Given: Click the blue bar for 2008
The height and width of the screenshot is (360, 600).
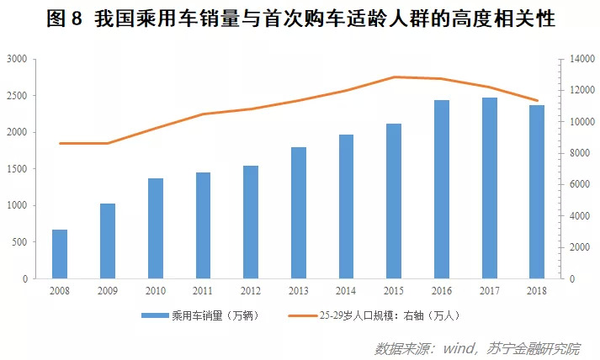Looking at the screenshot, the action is click(x=60, y=254).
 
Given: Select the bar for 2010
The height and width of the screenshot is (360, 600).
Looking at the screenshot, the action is click(x=156, y=229).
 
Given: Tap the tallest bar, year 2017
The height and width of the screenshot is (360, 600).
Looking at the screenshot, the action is click(x=490, y=188).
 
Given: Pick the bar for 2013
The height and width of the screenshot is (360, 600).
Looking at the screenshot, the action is click(x=299, y=213).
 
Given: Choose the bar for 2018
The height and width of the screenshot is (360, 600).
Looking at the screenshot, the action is click(x=537, y=192).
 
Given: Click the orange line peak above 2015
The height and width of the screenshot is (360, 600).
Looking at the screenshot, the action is click(x=394, y=77).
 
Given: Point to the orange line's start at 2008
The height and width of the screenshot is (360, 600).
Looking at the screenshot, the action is click(x=60, y=144).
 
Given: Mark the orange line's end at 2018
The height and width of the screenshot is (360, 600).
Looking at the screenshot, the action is click(x=537, y=101).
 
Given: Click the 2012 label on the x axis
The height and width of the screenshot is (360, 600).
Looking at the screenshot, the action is click(x=251, y=291).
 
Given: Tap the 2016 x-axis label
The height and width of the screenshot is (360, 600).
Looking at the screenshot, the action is click(x=442, y=291).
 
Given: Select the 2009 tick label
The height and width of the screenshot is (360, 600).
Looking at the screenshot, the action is click(x=108, y=291).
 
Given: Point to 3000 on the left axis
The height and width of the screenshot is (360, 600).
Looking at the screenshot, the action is click(x=17, y=59).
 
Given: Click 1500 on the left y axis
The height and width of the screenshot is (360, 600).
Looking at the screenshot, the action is click(x=17, y=169).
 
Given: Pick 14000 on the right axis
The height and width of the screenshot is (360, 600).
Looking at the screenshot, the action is click(x=582, y=59).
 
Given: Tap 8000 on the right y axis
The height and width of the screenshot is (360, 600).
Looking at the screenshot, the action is click(x=580, y=153).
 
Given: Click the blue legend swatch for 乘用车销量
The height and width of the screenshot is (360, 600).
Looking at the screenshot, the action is click(x=155, y=315).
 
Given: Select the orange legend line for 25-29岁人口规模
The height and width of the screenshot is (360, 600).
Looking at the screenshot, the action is click(x=303, y=315).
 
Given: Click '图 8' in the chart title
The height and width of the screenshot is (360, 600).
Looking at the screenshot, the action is click(x=64, y=19).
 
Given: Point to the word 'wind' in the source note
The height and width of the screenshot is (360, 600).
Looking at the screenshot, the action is click(x=458, y=348).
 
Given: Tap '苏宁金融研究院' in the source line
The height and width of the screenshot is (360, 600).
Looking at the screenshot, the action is click(x=534, y=348).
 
